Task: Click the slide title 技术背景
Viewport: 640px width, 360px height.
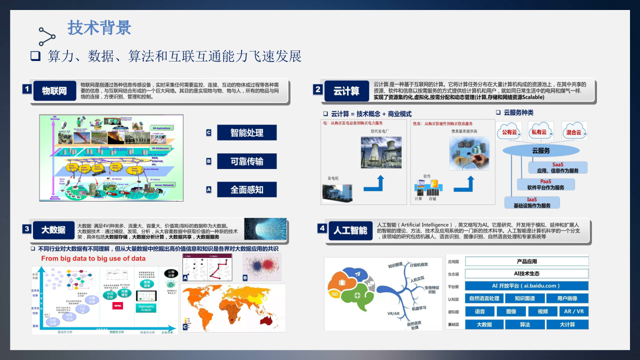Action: point(99,28)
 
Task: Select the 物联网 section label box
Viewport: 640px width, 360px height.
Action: point(54,91)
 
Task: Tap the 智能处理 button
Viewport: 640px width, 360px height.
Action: point(246,132)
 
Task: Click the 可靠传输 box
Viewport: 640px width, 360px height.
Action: point(246,161)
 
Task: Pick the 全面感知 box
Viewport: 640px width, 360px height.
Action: point(246,189)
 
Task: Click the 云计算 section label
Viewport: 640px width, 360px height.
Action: point(346,91)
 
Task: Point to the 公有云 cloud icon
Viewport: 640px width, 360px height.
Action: point(509,131)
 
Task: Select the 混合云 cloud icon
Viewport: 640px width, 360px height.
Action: point(573,131)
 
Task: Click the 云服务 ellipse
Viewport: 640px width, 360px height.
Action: point(540,150)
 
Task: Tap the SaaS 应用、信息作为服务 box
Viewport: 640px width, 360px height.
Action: point(557,167)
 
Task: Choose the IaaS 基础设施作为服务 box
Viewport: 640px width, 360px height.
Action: point(531,202)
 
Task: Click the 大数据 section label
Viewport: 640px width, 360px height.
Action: point(53,230)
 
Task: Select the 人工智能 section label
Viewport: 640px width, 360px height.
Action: point(350,230)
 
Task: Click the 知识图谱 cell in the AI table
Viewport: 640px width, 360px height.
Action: point(524,298)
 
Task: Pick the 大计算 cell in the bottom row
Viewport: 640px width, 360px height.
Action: point(567,324)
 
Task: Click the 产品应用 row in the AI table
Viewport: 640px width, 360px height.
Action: point(526,261)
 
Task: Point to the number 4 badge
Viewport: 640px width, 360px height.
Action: point(322,228)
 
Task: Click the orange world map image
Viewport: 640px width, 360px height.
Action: point(233,308)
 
